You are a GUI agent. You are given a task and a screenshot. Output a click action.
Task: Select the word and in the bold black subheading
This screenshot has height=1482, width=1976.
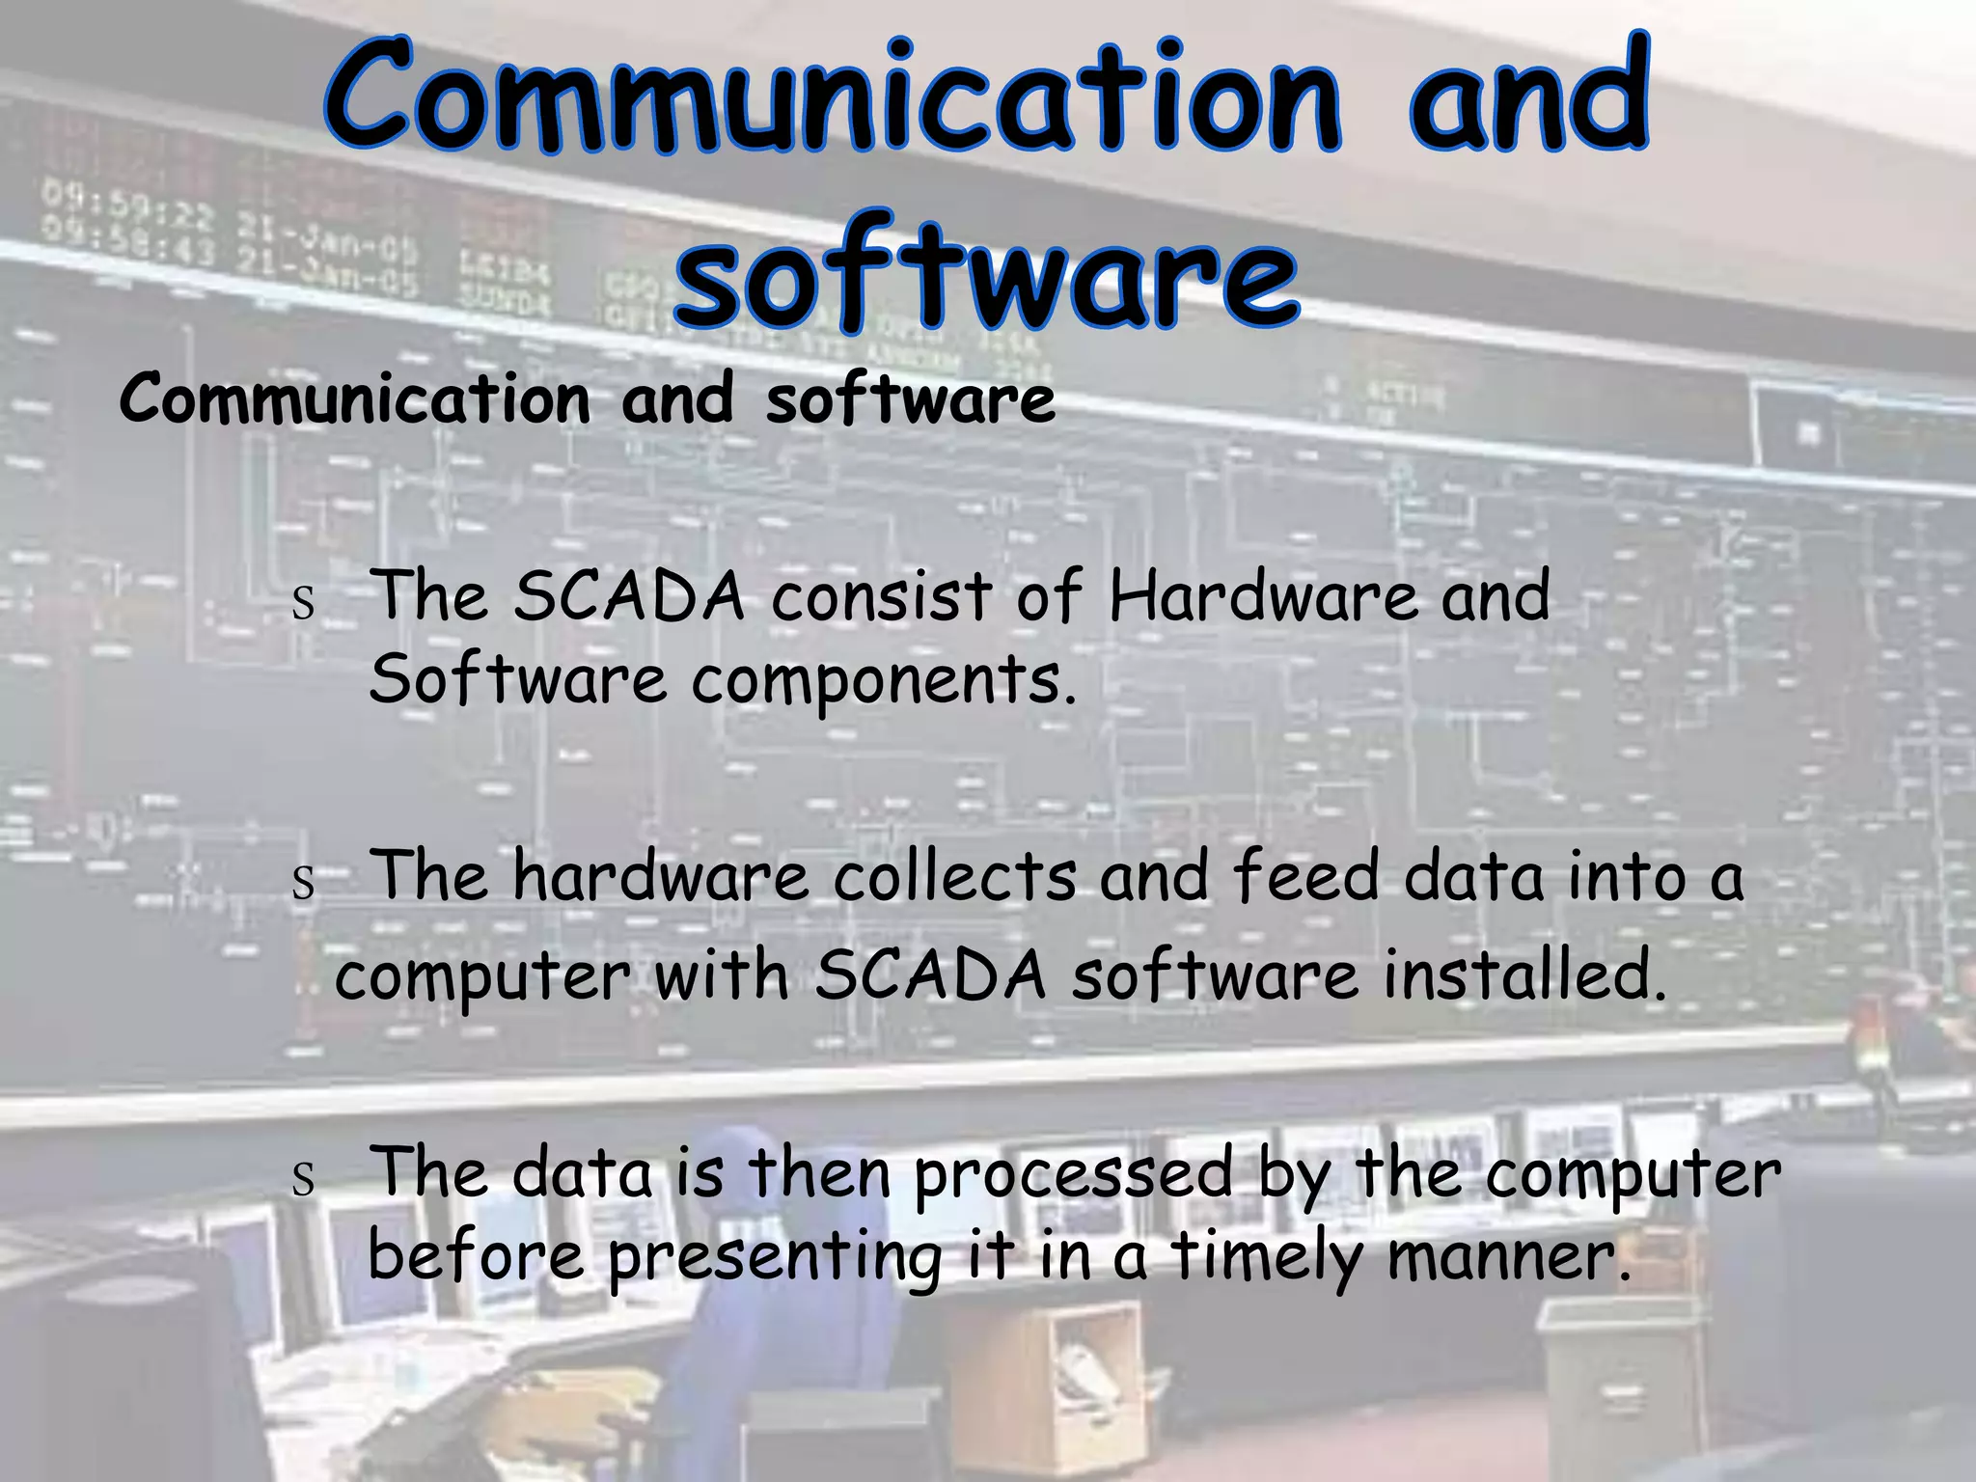click(677, 398)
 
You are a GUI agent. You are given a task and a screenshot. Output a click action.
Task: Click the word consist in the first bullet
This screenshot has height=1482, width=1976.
click(882, 596)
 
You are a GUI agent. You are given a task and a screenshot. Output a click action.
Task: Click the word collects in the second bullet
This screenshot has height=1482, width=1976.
click(954, 877)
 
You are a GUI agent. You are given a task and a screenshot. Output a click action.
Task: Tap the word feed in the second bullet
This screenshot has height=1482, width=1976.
click(1306, 877)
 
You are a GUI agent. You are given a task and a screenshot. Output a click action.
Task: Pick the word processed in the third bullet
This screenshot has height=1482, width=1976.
click(1074, 1175)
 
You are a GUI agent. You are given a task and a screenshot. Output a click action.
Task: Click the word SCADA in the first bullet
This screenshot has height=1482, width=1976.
click(629, 596)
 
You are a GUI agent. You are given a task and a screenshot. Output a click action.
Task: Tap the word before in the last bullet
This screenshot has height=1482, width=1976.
click(477, 1256)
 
